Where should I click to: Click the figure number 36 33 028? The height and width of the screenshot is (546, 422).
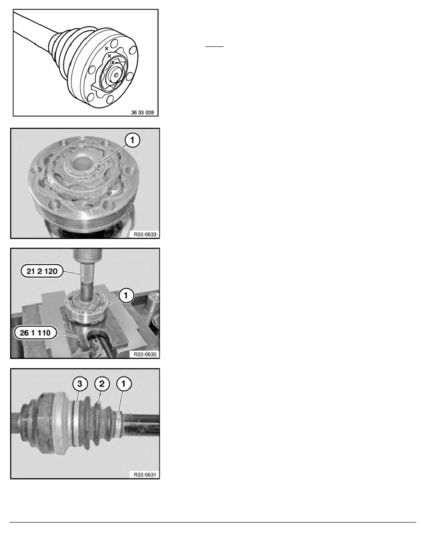142,113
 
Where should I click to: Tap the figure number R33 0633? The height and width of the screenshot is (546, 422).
145,234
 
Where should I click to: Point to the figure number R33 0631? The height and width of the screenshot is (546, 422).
145,475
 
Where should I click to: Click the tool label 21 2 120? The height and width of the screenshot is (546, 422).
42,271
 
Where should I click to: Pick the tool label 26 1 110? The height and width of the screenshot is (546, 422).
35,333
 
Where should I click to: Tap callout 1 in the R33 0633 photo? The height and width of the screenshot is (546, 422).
132,140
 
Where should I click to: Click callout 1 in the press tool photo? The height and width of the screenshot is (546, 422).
126,296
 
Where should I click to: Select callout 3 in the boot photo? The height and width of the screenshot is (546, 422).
80,384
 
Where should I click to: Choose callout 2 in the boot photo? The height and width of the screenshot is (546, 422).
102,384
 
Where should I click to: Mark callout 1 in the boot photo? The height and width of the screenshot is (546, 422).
124,384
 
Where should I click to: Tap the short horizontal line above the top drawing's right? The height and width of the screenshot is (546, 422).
214,46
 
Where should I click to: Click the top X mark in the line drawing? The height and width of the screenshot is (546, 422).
107,49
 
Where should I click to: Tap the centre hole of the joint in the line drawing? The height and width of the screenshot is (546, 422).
116,73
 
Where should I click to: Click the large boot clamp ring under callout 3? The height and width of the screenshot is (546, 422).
74,423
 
